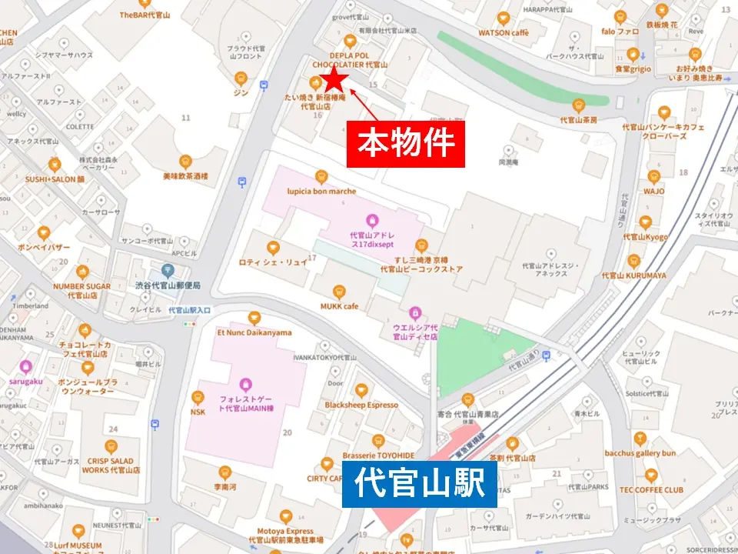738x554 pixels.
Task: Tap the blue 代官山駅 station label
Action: tap(419, 484)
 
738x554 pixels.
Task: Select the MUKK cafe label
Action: tap(339, 306)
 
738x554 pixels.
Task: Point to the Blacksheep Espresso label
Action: tap(361, 405)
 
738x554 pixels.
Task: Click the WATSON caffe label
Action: tap(504, 33)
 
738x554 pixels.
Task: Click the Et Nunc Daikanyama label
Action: tap(254, 332)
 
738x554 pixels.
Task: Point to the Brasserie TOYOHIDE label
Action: tap(378, 455)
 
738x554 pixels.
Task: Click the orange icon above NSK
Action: tap(198, 397)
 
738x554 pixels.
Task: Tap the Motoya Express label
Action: tap(286, 531)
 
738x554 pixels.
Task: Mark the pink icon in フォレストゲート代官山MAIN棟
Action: tap(245, 383)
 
